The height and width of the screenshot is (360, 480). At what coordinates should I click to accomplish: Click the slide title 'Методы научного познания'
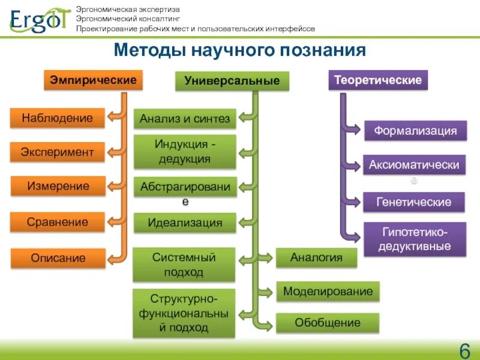(x=240, y=50)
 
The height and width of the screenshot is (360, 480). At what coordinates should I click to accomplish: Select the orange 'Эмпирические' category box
(x=93, y=80)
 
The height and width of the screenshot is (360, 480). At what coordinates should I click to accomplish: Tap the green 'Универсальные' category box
(x=232, y=81)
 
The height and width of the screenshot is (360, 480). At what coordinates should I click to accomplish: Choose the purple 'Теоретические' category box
(x=378, y=80)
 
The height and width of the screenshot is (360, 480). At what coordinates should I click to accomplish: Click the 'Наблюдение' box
(x=57, y=118)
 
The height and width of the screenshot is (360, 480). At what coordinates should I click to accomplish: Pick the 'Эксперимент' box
(x=57, y=152)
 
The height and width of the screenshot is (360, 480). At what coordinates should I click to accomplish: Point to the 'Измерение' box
(x=58, y=186)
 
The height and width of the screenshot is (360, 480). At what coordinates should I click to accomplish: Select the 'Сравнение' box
(x=57, y=222)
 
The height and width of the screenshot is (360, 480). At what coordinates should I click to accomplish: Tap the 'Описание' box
(x=58, y=258)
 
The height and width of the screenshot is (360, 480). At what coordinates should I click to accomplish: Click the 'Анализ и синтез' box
(x=185, y=119)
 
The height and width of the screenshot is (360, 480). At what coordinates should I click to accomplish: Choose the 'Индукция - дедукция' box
(x=185, y=152)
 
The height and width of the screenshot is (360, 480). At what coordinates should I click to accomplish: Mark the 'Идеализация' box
(x=185, y=223)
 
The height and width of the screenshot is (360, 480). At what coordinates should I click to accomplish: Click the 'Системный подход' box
(x=184, y=265)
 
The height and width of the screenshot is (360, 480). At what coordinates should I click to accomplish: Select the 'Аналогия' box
(x=316, y=258)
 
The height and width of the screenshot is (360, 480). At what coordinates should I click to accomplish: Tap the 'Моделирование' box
(x=328, y=292)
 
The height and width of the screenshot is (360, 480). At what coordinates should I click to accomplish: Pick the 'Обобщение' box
(x=328, y=323)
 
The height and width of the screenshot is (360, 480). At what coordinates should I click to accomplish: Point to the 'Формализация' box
(x=416, y=130)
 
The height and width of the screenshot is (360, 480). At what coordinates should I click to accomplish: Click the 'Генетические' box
(x=414, y=202)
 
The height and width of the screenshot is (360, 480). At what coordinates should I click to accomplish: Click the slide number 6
(x=464, y=350)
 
